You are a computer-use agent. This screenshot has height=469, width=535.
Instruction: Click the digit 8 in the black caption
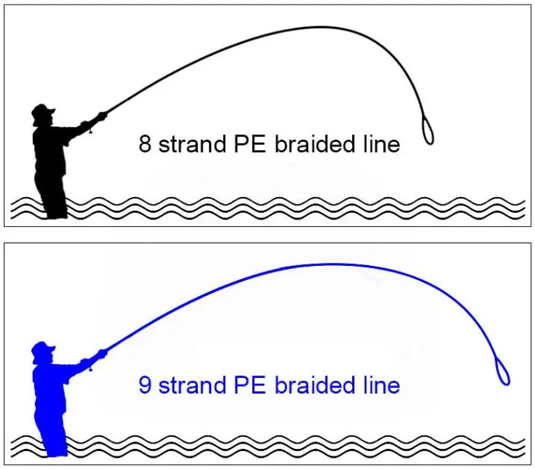145,144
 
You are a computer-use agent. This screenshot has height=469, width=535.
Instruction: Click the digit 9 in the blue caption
145,385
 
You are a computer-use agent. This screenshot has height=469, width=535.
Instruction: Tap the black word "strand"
192,144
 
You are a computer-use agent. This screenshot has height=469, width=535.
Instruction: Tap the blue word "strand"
192,385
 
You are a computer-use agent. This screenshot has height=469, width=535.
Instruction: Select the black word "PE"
250,144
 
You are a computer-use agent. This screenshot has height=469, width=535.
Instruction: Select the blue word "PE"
250,385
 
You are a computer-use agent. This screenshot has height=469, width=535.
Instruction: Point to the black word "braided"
314,144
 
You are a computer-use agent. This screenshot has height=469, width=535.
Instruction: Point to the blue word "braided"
314,385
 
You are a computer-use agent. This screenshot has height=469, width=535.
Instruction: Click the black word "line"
381,144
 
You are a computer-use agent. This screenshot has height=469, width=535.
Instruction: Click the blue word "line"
381,385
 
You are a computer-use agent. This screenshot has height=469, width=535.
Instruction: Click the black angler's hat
43,111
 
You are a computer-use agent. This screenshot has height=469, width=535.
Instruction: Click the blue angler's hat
43,348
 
